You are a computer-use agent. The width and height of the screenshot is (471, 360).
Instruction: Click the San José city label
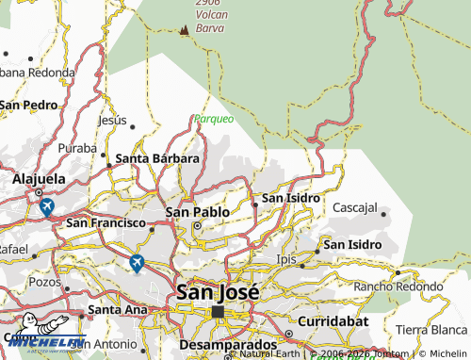coord(216,292)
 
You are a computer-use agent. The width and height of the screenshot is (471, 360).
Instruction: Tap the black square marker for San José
coord(218,311)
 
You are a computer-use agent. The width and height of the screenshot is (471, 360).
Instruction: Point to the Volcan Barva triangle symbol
coord(184,31)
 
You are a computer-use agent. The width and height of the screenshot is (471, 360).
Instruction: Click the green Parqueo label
coord(214,119)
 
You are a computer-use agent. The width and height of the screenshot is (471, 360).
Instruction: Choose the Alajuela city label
coord(38,178)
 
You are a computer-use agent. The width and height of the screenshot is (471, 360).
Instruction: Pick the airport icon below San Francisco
coord(138,263)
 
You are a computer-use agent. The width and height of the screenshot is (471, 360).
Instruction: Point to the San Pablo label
coord(198,212)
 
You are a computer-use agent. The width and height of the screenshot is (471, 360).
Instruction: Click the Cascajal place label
coord(355,206)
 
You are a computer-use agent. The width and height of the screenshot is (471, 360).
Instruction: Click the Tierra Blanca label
coord(430,329)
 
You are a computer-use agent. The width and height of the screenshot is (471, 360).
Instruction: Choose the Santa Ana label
coord(118,308)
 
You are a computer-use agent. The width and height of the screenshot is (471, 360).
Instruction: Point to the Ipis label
coord(285,258)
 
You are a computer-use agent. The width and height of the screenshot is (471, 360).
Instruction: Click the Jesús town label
coord(112,120)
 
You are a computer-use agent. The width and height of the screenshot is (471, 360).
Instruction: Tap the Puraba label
coord(77,148)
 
